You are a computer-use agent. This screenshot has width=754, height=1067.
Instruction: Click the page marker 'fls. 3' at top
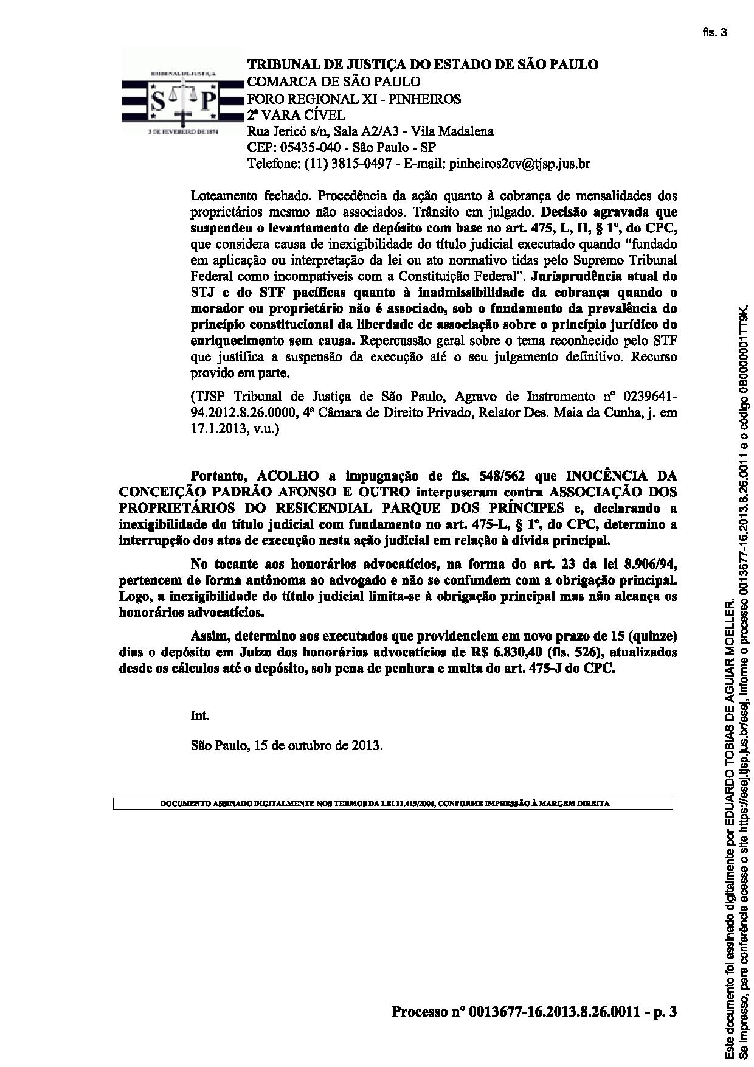pos(714,33)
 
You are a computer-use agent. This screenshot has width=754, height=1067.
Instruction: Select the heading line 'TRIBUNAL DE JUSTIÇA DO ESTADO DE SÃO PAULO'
pos(422,64)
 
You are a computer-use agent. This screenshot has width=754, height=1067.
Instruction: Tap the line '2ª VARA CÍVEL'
pos(296,114)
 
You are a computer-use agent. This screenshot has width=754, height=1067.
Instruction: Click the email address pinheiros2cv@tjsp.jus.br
pos(519,164)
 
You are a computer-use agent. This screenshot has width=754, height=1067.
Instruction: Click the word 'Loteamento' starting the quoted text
pos(223,196)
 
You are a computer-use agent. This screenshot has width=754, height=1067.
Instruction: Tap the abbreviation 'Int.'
pos(200,716)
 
